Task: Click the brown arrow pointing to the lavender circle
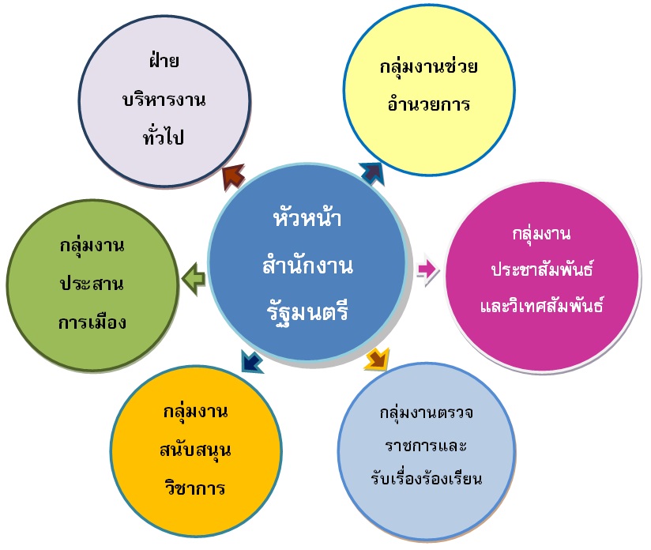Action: click(233, 176)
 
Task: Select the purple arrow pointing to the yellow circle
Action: click(373, 173)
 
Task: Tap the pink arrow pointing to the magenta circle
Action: click(427, 269)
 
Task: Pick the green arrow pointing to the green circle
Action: click(194, 278)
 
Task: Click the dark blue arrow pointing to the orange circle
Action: click(251, 360)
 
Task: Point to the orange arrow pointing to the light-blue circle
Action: click(378, 359)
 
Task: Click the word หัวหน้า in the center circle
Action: click(307, 217)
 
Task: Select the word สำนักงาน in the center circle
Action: click(307, 265)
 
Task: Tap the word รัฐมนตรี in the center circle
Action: click(307, 312)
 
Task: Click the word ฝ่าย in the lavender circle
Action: click(164, 60)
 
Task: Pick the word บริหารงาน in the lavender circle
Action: click(164, 100)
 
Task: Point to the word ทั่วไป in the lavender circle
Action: click(164, 136)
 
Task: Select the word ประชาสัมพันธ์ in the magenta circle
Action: click(542, 269)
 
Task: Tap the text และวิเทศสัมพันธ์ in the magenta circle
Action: click(542, 305)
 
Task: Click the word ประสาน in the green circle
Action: click(92, 284)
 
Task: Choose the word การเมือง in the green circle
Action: click(92, 321)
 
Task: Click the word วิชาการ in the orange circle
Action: click(195, 487)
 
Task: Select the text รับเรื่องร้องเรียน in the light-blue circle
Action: click(427, 478)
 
